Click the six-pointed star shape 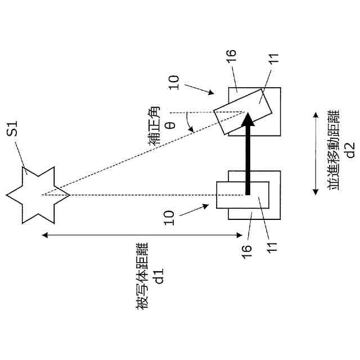pos(38,195)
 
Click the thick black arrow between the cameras pos(246,152)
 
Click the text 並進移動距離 pos(335,152)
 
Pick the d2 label pos(350,152)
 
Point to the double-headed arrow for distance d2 pos(315,152)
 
